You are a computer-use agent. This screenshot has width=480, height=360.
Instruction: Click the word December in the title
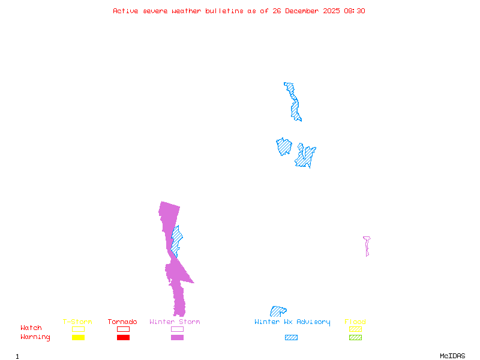(302, 11)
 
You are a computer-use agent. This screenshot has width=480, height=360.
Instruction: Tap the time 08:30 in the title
(355, 11)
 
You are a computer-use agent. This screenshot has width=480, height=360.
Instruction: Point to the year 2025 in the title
(332, 11)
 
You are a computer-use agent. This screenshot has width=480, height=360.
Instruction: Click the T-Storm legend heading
(77, 322)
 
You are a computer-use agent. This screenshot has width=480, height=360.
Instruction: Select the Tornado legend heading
(122, 322)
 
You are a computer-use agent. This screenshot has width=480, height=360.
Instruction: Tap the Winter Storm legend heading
(175, 322)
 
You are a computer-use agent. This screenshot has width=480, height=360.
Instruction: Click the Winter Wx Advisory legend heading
(292, 322)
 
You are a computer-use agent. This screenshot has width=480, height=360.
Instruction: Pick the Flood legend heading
(355, 322)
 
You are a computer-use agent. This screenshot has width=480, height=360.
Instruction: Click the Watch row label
(31, 328)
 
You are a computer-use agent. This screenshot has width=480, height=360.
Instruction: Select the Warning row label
(35, 337)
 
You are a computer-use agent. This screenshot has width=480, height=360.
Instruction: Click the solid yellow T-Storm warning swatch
(79, 337)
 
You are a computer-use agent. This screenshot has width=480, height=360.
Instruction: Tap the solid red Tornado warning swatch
(124, 337)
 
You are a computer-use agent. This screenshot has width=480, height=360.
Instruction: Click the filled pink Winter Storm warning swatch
(177, 337)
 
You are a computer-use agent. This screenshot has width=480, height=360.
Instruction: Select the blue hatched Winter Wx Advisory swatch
(291, 337)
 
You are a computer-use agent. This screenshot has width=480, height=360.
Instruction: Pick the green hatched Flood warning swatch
(355, 337)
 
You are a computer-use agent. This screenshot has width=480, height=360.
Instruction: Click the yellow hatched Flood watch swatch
(355, 329)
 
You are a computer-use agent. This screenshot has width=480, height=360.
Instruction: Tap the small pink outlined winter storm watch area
(367, 245)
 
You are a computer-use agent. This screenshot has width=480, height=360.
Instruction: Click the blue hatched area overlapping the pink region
(176, 241)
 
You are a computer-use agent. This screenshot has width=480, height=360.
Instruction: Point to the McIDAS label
(452, 356)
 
